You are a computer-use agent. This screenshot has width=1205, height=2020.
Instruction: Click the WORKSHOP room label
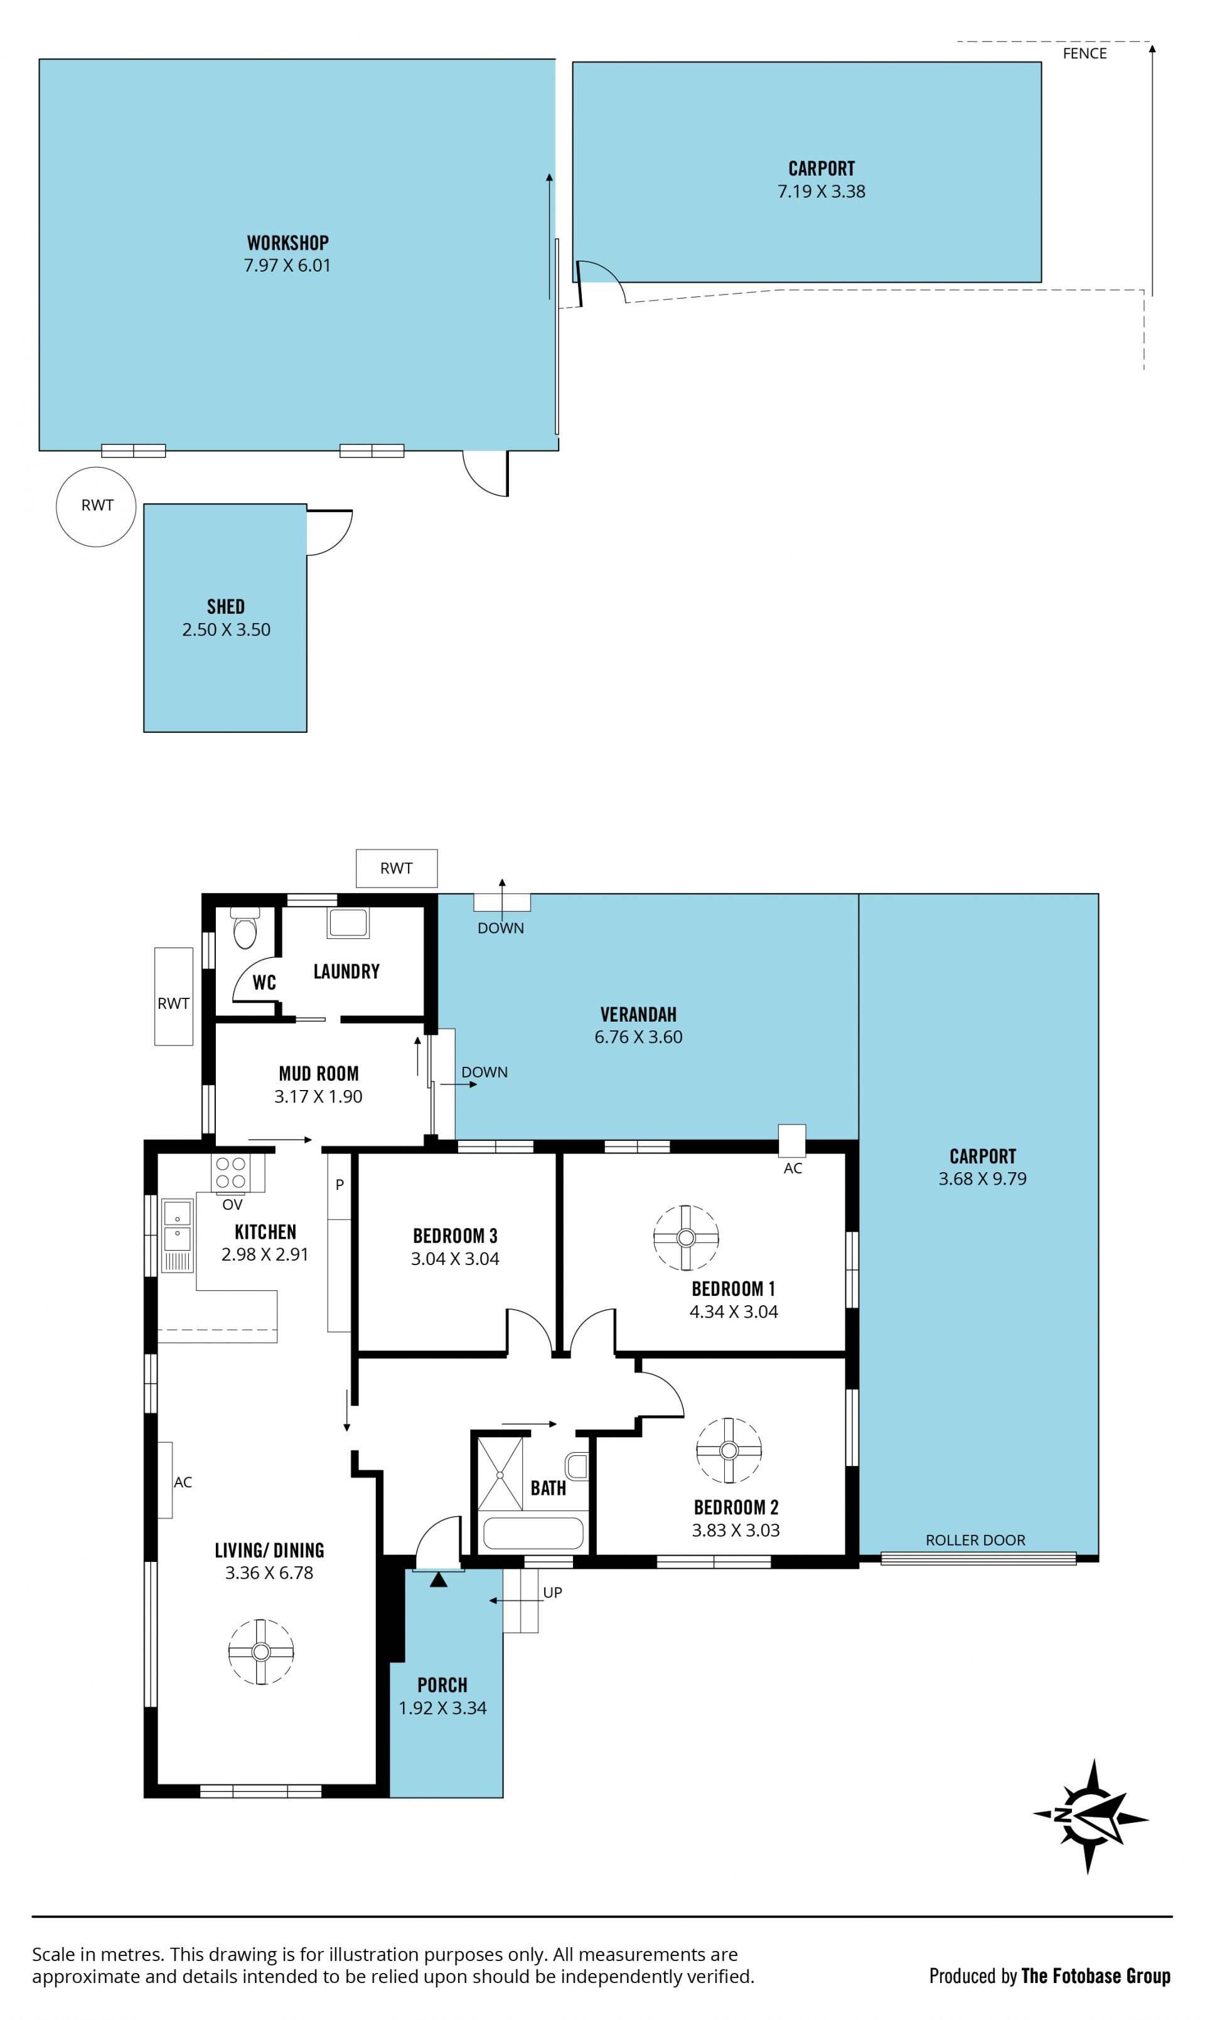[x=287, y=243]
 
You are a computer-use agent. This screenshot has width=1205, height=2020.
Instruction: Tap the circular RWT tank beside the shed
[x=96, y=506]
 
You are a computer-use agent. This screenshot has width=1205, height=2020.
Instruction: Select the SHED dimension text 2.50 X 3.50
[x=226, y=629]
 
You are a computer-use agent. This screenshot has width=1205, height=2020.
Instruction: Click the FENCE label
[x=1084, y=53]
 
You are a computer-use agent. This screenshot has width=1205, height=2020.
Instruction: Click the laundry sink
[x=348, y=923]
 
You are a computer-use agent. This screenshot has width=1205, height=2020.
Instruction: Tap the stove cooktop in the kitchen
[x=230, y=1172]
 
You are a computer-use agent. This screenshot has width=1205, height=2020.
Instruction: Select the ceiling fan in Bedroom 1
[x=686, y=1237]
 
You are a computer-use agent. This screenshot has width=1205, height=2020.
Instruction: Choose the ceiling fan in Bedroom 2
[x=729, y=1450]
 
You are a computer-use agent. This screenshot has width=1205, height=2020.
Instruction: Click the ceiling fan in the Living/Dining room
[x=260, y=1652]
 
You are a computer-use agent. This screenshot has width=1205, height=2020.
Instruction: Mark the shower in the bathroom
[x=500, y=1473]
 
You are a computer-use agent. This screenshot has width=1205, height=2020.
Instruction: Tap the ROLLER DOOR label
[x=975, y=1540]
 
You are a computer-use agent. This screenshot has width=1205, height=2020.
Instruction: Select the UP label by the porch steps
[x=552, y=1592]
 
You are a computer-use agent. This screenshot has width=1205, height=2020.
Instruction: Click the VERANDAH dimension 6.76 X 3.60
[x=638, y=1037]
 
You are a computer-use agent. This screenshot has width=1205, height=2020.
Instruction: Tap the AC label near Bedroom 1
[x=793, y=1168]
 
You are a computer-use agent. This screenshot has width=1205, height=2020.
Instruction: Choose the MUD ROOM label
[x=318, y=1073]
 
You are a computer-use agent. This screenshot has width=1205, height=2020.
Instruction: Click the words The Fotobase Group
[x=1095, y=1975]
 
